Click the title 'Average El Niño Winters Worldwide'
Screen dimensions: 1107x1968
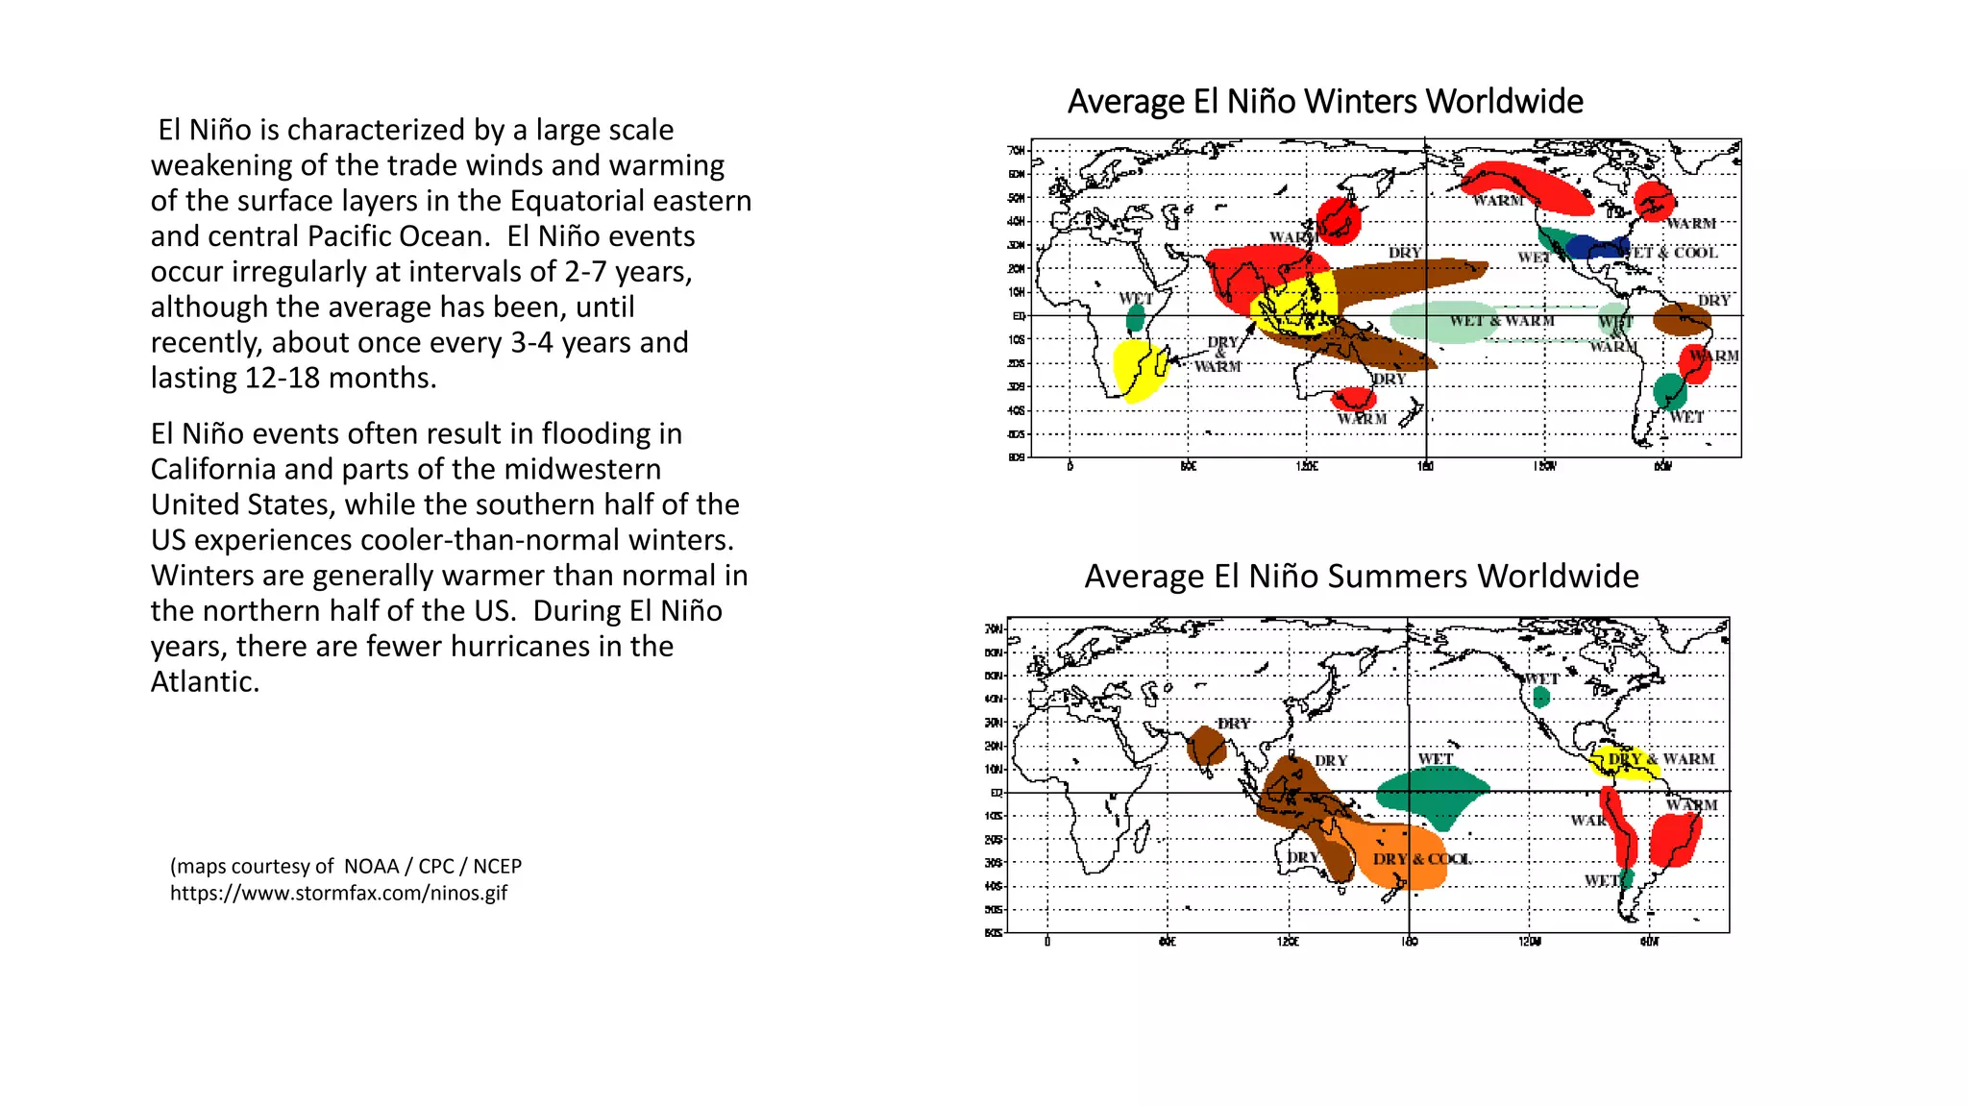[x=1324, y=102]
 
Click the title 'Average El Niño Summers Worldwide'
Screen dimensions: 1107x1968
[x=1361, y=577]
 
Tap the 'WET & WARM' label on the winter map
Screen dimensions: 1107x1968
[x=1501, y=321]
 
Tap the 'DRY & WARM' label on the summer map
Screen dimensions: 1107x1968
[x=1660, y=759]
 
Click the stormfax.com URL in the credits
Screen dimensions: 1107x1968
[x=338, y=894]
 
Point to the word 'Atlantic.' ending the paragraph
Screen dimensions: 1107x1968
[x=205, y=682]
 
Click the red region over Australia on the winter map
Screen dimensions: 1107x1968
[x=1354, y=398]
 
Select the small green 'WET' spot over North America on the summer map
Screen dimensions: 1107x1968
[x=1541, y=697]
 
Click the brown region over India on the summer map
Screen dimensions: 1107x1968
[x=1205, y=746]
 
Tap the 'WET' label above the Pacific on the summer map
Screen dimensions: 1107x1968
[x=1436, y=759]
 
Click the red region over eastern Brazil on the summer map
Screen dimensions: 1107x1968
[x=1675, y=839]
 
